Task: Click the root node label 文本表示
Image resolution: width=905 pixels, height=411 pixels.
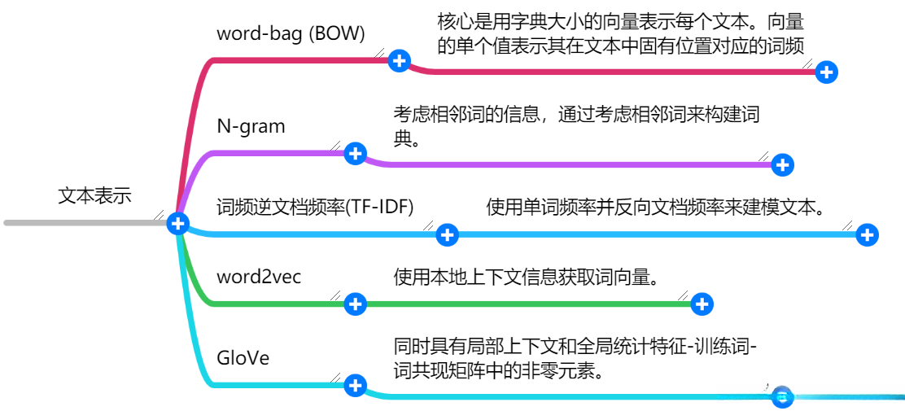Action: tap(94, 196)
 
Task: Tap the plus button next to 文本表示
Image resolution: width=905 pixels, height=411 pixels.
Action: tap(177, 223)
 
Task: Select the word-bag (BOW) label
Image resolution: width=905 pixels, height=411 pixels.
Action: tap(291, 33)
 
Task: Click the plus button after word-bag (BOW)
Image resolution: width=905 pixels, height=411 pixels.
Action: tap(399, 60)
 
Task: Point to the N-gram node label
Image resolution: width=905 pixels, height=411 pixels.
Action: tap(251, 126)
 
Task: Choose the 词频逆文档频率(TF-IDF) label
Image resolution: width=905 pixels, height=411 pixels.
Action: tap(315, 207)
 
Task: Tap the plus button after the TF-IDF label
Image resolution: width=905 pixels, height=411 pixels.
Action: tap(447, 235)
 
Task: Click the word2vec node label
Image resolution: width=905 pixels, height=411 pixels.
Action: tap(259, 277)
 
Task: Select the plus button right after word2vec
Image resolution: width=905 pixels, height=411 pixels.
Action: tap(356, 304)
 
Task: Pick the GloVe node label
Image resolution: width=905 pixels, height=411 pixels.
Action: tap(243, 358)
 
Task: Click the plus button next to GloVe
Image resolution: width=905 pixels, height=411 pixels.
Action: tap(356, 386)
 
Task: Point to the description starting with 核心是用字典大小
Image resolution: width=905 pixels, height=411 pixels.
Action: tap(620, 33)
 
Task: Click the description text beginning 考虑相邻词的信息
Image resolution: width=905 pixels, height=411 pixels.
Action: tap(576, 125)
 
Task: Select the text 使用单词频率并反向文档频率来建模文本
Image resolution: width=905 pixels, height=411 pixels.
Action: tap(656, 207)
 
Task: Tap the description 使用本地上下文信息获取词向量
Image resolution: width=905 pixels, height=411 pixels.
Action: tap(526, 277)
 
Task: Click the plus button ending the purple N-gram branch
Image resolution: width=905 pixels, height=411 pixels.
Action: tap(782, 164)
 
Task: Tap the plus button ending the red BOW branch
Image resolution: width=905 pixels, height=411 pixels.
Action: tap(826, 72)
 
